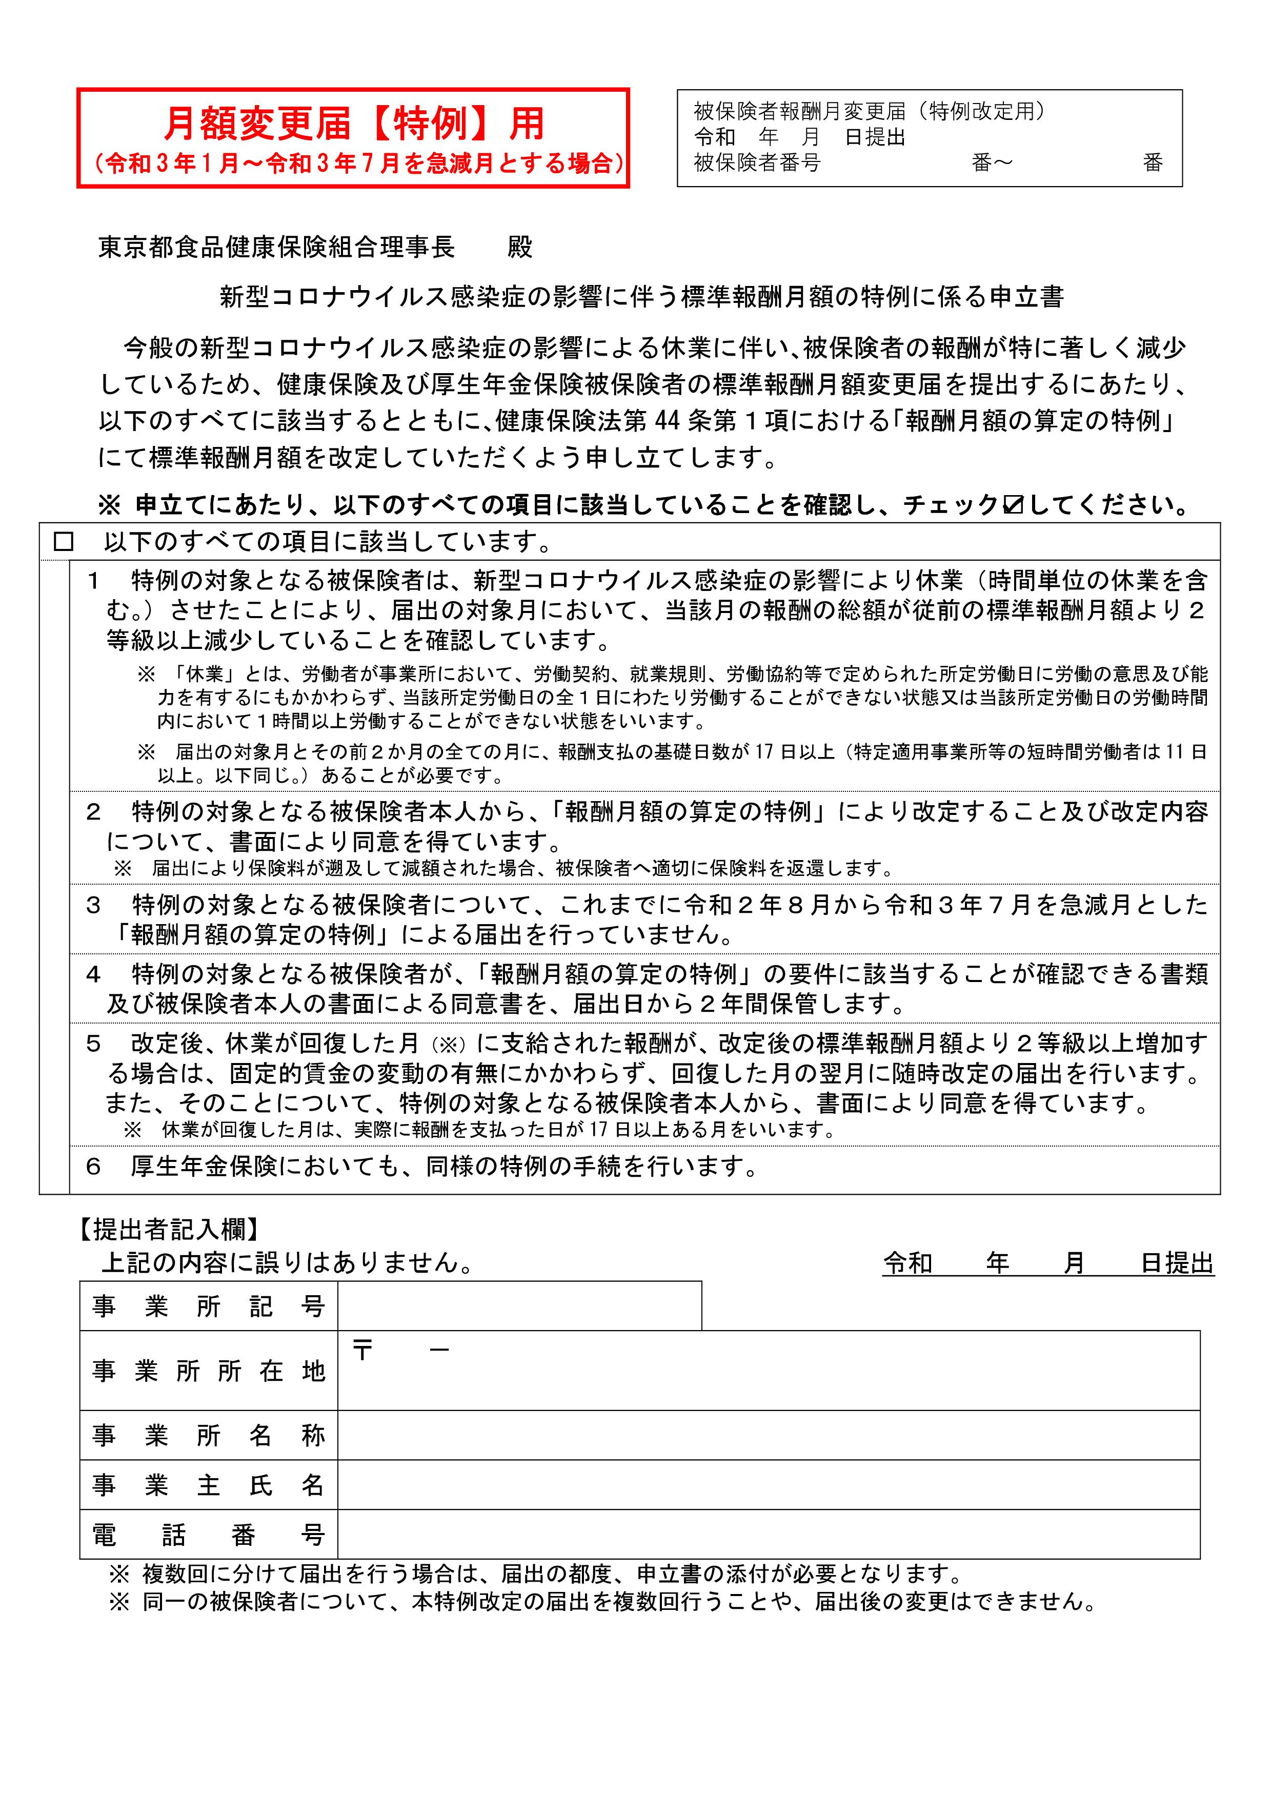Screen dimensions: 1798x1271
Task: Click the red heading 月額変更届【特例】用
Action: pyautogui.click(x=353, y=123)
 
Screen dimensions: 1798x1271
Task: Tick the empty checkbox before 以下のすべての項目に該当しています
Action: pyautogui.click(x=64, y=542)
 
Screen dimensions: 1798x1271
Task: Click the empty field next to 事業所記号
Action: pyautogui.click(x=519, y=1305)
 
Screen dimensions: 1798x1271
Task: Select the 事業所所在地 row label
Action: pyautogui.click(x=208, y=1371)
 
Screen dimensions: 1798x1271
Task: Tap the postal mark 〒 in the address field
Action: pyautogui.click(x=362, y=1350)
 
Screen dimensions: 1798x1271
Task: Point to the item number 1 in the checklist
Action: pyautogui.click(x=93, y=581)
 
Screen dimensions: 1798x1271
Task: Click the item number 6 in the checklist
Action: pyautogui.click(x=93, y=1167)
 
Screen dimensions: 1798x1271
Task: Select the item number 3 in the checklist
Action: pyautogui.click(x=93, y=905)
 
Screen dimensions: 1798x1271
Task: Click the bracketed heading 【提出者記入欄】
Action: pyautogui.click(x=169, y=1230)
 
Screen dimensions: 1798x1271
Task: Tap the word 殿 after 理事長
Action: pyautogui.click(x=519, y=248)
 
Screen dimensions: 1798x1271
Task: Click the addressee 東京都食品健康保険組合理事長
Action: pyautogui.click(x=276, y=248)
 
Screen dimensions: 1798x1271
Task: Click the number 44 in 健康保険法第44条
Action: pyautogui.click(x=665, y=421)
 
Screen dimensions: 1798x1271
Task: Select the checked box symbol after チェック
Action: pyautogui.click(x=1013, y=505)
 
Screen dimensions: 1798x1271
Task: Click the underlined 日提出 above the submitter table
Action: pyautogui.click(x=1177, y=1263)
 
